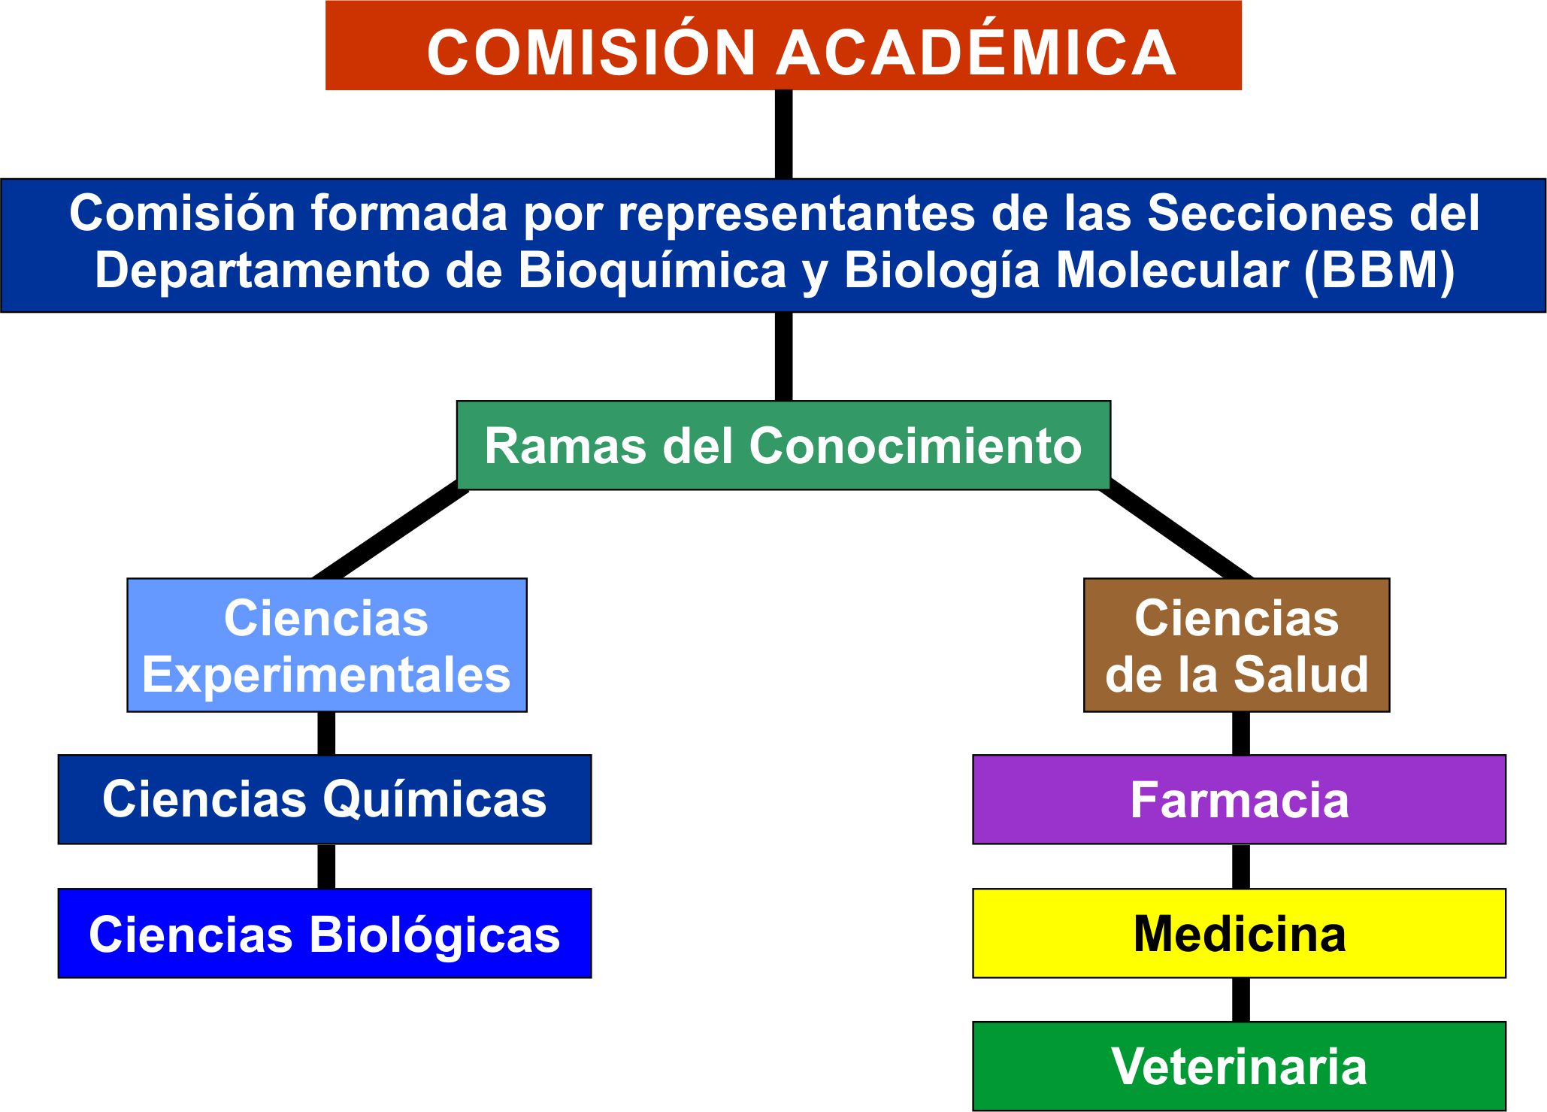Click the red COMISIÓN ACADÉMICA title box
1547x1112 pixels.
(x=783, y=45)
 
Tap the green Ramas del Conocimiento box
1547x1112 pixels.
(x=783, y=445)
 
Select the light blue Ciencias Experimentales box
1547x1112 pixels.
(x=327, y=645)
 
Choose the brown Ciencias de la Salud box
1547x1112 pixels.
(x=1237, y=645)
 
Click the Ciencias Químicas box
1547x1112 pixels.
(x=325, y=799)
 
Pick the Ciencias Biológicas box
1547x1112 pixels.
(x=325, y=933)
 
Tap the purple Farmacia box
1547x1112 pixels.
(x=1240, y=799)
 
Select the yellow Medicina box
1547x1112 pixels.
(x=1240, y=933)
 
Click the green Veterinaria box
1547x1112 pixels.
(x=1240, y=1066)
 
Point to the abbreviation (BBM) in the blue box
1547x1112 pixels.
(x=1379, y=271)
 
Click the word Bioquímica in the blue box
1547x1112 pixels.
(x=652, y=271)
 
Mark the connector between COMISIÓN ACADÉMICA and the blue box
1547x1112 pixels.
(x=783, y=135)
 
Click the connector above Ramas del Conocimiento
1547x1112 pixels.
(x=783, y=356)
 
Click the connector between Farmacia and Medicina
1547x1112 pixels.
(x=1241, y=866)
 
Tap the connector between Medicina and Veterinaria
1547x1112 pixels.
(x=1241, y=1000)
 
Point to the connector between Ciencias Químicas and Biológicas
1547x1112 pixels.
(x=326, y=866)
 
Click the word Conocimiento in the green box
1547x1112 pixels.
(x=916, y=446)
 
